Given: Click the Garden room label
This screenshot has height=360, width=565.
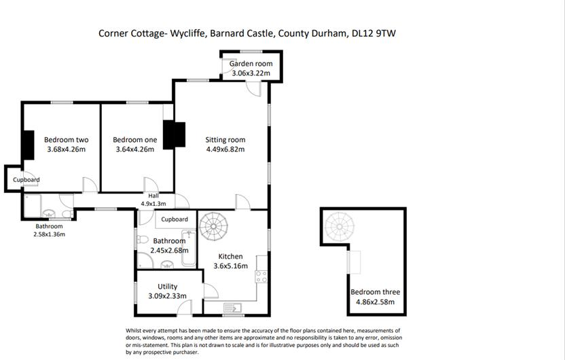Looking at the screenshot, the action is point(251,64).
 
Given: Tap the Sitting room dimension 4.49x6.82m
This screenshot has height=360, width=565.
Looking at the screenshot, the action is point(225,149).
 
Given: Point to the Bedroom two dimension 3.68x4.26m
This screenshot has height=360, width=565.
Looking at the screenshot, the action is point(67,149).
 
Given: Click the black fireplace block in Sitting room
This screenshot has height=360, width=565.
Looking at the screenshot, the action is point(174,134).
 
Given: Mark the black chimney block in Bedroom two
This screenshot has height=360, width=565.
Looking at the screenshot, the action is point(28,144).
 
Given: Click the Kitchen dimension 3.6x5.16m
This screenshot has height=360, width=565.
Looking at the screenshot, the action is point(230,266).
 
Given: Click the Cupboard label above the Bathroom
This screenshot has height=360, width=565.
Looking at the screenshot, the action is point(175,219).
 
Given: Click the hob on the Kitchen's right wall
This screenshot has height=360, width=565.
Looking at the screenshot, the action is point(261,277).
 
